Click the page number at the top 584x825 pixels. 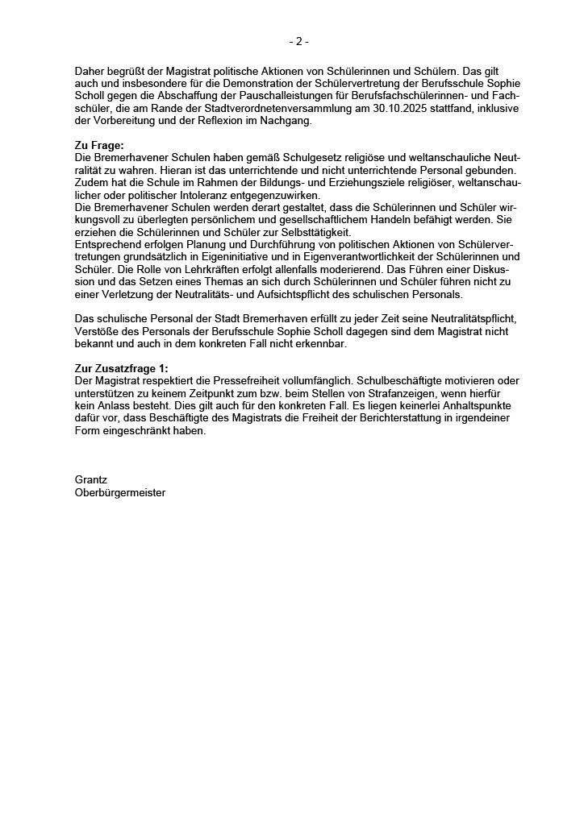tap(298, 41)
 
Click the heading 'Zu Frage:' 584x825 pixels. tap(99, 145)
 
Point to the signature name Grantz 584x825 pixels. tap(91, 479)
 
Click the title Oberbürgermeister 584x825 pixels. tap(120, 492)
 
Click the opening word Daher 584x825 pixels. tap(90, 71)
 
